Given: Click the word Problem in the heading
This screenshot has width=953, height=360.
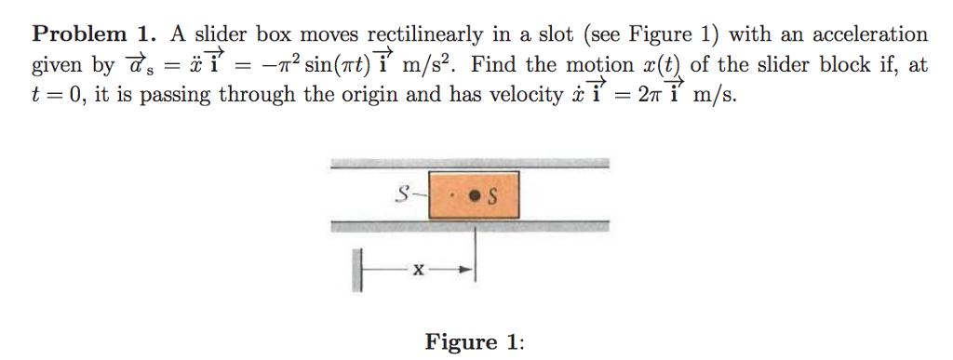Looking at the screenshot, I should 80,36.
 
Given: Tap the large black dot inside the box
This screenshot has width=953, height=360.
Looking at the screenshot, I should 476,195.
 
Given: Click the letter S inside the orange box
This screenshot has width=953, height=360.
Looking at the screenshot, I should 493,195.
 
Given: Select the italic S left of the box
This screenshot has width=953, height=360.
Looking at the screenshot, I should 402,194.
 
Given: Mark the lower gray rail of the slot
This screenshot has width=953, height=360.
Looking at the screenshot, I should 470,225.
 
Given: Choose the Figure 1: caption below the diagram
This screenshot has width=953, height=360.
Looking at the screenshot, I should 475,341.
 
